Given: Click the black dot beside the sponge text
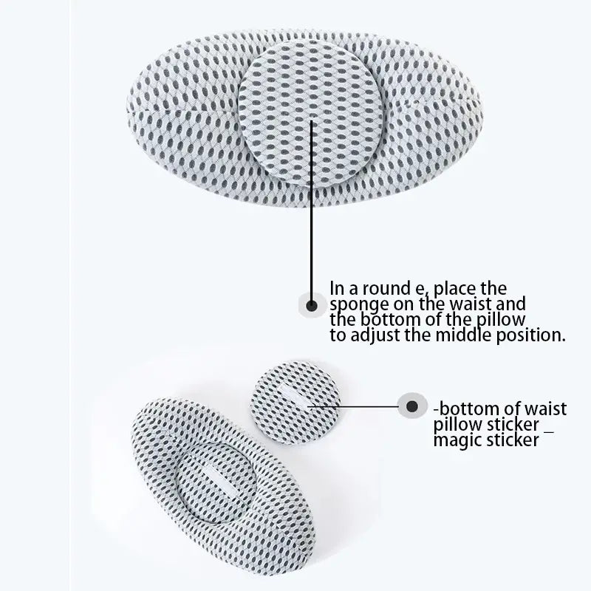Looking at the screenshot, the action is (x=311, y=305).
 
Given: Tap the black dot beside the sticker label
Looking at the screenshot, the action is (x=412, y=406).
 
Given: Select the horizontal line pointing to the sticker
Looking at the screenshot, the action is (x=354, y=406).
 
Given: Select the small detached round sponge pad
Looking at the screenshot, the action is (x=295, y=402).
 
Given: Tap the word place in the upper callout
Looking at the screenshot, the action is (x=455, y=289).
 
